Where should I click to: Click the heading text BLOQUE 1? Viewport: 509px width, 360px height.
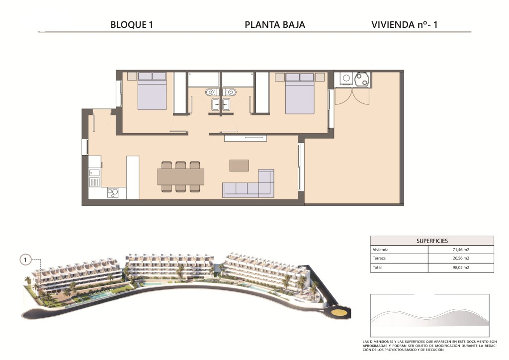pyautogui.click(x=131, y=25)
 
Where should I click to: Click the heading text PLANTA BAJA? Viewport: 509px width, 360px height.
pyautogui.click(x=274, y=25)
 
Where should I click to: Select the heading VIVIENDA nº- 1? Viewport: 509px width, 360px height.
pyautogui.click(x=405, y=25)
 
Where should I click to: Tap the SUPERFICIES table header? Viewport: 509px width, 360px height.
pyautogui.click(x=432, y=241)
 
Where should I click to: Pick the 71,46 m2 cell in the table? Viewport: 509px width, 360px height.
pyautogui.click(x=461, y=250)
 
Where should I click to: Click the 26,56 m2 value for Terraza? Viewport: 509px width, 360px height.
pyautogui.click(x=461, y=259)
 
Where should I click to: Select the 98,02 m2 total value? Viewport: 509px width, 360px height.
pyautogui.click(x=461, y=268)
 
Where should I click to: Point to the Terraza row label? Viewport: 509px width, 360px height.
pyautogui.click(x=379, y=259)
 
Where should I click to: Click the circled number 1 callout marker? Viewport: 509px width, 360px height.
pyautogui.click(x=25, y=260)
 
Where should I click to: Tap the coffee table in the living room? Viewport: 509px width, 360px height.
pyautogui.click(x=239, y=165)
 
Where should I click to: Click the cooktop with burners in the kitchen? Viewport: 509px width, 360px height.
pyautogui.click(x=113, y=193)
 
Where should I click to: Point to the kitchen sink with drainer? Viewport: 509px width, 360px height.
pyautogui.click(x=94, y=178)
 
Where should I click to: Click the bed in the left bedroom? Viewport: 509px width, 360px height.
pyautogui.click(x=152, y=91)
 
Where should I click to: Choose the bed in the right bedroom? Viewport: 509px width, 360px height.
pyautogui.click(x=300, y=93)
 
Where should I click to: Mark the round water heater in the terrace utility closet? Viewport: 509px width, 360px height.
pyautogui.click(x=362, y=80)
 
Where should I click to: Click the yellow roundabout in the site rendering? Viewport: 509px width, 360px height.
pyautogui.click(x=339, y=313)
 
